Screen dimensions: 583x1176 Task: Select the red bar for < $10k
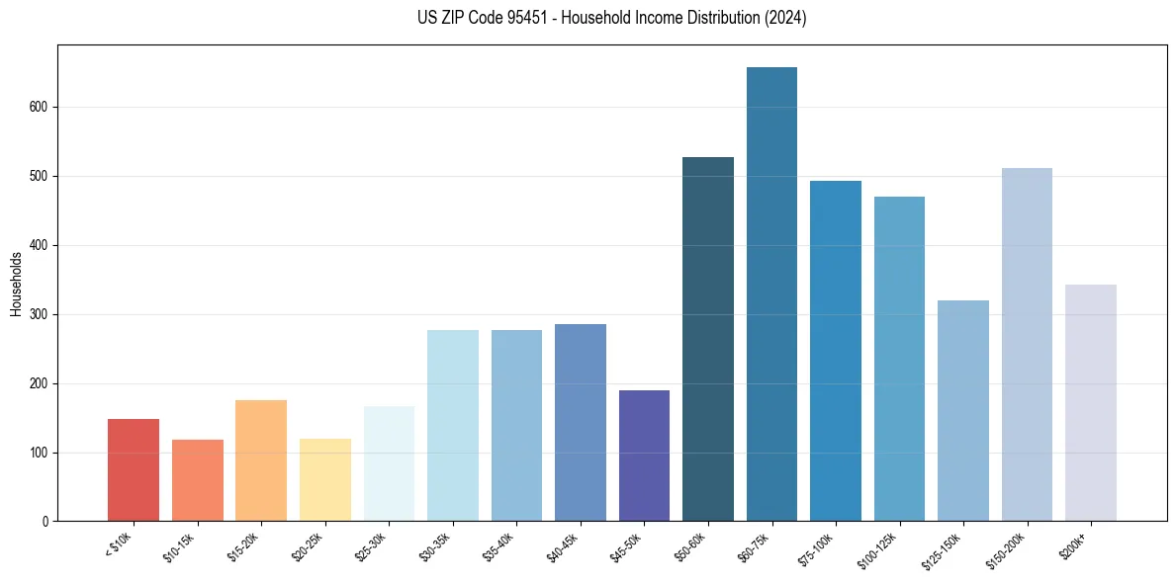(134, 470)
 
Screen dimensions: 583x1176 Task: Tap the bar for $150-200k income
(1027, 345)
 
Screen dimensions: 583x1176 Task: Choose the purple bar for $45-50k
(644, 456)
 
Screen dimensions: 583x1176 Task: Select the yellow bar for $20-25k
(325, 480)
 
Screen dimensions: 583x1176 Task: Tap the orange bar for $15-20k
(261, 460)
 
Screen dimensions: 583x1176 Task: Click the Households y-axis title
(16, 284)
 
